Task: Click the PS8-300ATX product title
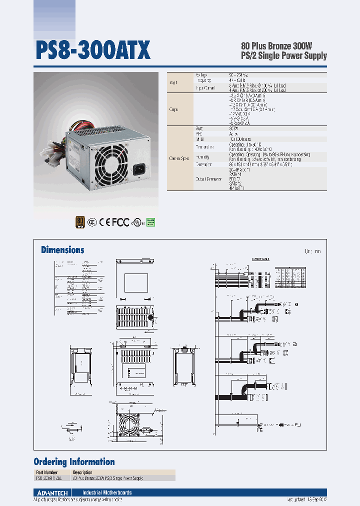tap(92, 51)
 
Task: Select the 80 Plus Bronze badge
tap(79, 221)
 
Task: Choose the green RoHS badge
tap(150, 221)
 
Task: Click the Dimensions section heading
tap(62, 250)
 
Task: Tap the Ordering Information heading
tap(74, 461)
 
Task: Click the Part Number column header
tap(46, 472)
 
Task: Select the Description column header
tap(82, 472)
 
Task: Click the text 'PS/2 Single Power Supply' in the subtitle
tap(284, 56)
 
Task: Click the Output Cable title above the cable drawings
tap(260, 259)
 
